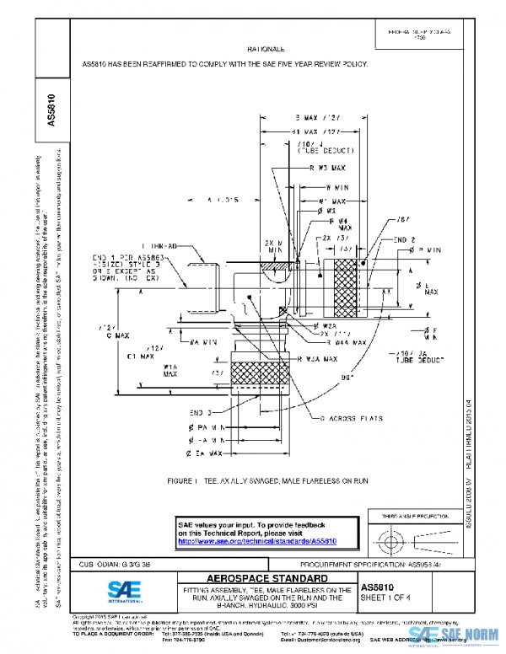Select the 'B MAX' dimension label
click(x=316, y=117)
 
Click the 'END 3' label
click(x=199, y=412)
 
